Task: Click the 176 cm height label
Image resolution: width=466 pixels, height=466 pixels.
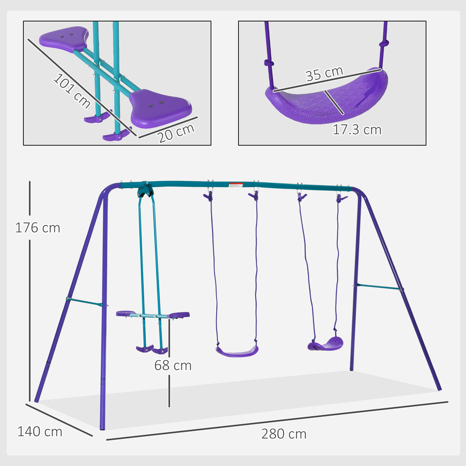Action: click(x=38, y=228)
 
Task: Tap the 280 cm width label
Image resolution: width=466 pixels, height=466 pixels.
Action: click(x=284, y=434)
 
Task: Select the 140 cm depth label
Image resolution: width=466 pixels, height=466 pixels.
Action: click(x=40, y=432)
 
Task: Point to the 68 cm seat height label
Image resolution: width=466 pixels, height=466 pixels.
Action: click(x=173, y=365)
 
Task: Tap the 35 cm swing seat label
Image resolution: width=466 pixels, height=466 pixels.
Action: click(x=324, y=74)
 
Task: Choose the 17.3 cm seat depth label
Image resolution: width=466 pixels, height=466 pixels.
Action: click(x=357, y=129)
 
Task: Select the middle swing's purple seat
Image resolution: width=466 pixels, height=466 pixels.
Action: click(x=237, y=350)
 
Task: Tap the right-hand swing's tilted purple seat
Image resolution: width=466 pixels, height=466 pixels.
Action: click(x=325, y=345)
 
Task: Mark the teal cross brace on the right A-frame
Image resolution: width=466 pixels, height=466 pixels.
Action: click(x=378, y=287)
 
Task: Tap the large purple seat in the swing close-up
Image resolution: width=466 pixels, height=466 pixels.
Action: click(x=326, y=98)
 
